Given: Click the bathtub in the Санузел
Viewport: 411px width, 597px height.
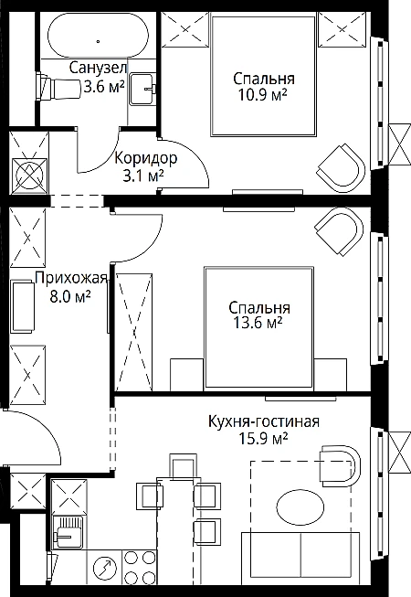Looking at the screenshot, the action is click(98, 36).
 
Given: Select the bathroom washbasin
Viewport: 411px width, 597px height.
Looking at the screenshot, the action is click(143, 89).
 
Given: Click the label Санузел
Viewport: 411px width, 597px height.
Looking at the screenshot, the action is click(98, 69).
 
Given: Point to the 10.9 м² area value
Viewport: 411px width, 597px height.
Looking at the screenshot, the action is click(262, 95).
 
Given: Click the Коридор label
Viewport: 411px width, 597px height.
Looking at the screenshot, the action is click(146, 158).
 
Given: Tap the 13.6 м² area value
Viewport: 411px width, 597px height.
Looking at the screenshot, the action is click(258, 324).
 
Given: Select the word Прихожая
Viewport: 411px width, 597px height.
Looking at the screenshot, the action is click(71, 278).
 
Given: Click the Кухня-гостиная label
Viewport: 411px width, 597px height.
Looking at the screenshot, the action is click(263, 421).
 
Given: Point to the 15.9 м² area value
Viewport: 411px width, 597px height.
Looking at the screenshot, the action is click(263, 439).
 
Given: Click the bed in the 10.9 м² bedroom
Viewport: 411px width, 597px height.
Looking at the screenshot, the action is click(263, 75).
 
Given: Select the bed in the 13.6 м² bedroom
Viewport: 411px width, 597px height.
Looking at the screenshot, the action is click(258, 328).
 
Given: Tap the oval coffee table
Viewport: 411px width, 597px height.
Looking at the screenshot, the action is click(300, 507).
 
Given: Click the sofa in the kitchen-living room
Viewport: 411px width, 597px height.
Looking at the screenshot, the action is click(300, 559).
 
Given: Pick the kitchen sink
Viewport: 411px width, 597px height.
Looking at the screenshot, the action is click(68, 532).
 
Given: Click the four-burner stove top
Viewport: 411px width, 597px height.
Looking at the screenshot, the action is click(139, 567).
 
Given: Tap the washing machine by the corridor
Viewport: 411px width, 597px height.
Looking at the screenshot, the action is click(29, 175).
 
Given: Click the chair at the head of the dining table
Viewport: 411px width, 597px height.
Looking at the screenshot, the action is click(183, 466).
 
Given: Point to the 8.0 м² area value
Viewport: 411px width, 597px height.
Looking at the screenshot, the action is click(70, 296).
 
